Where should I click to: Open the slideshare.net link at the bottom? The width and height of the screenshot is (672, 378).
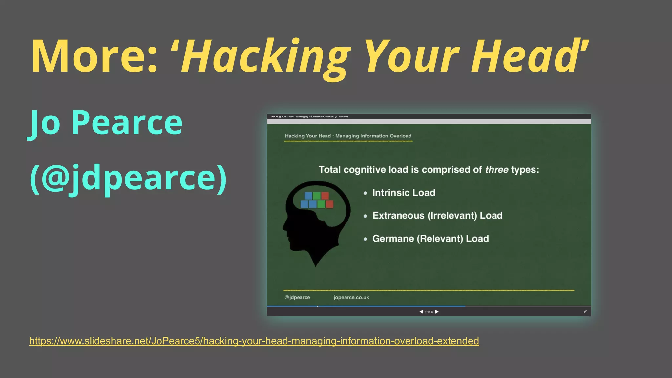click(x=254, y=341)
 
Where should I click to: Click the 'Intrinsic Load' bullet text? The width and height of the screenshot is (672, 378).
click(x=404, y=193)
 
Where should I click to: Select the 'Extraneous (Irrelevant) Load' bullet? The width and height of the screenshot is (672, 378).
click(x=437, y=216)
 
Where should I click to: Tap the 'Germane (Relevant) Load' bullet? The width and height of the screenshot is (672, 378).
click(x=430, y=239)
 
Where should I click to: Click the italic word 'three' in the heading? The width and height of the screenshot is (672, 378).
click(x=496, y=170)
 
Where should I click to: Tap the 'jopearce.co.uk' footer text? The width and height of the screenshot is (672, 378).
click(x=351, y=297)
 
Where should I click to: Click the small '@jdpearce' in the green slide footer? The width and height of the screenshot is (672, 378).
click(x=297, y=297)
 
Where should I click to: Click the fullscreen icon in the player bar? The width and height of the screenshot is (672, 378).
click(x=585, y=312)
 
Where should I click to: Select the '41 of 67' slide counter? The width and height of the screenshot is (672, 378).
click(x=429, y=312)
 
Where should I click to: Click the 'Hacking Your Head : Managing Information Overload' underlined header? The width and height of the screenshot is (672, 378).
click(x=348, y=136)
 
